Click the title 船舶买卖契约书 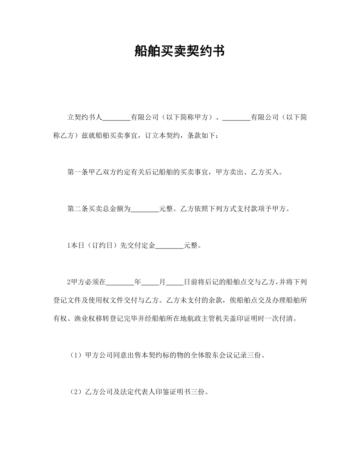click(180, 51)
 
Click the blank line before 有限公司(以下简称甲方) click(116, 118)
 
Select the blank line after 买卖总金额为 click(145, 209)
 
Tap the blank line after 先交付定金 click(169, 246)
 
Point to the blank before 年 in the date click(120, 282)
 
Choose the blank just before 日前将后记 click(175, 282)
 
